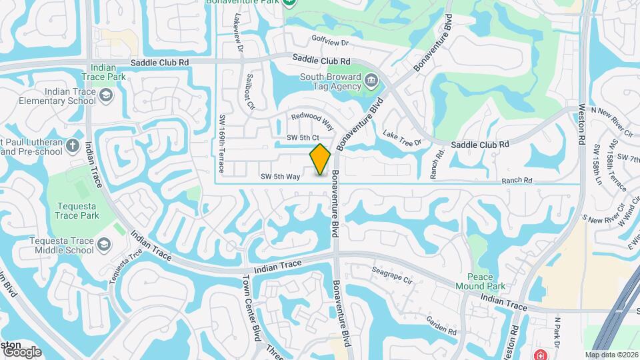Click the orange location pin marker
pos(321,159)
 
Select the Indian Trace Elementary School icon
pos(105,97)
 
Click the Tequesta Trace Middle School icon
pos(104,245)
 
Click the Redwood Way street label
pos(312,119)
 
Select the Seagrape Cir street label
pos(393,275)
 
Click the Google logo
pos(21,351)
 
